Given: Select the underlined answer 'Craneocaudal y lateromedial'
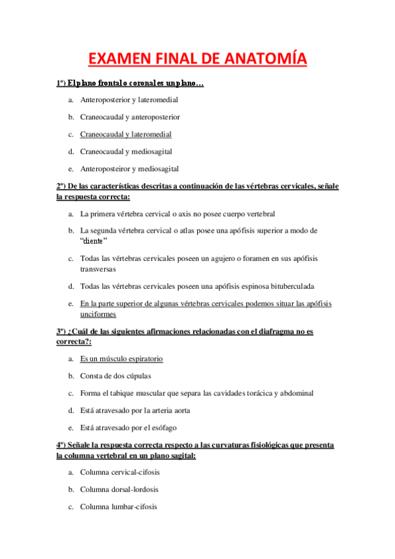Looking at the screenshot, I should pyautogui.click(x=126, y=134).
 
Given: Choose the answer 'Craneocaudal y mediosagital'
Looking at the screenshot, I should pyautogui.click(x=126, y=151).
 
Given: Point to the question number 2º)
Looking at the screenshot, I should pyautogui.click(x=61, y=186).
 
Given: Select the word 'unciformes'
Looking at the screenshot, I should pyautogui.click(x=98, y=314).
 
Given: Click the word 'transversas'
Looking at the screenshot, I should pyautogui.click(x=98, y=269).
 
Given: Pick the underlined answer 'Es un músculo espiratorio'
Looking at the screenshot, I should pyautogui.click(x=121, y=359).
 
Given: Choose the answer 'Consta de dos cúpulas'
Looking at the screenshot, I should pyautogui.click(x=115, y=376).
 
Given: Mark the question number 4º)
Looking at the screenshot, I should pyautogui.click(x=61, y=445).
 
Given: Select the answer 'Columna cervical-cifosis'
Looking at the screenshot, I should pyautogui.click(x=120, y=472).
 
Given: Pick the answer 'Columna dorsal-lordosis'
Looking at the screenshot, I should pyautogui.click(x=119, y=489).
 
